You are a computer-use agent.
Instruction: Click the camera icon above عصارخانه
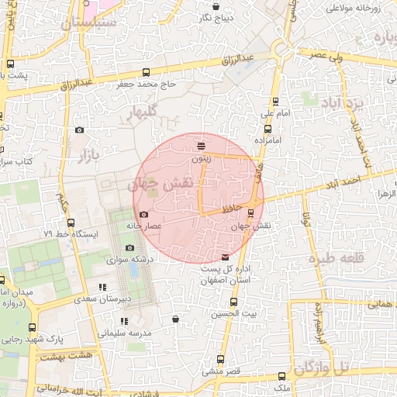point(143,215)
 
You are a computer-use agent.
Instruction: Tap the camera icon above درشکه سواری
point(129,248)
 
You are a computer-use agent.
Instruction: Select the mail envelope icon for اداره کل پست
point(226,257)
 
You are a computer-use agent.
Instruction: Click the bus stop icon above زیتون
point(202,145)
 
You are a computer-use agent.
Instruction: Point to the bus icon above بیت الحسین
point(233,302)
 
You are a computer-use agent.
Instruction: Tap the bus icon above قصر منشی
point(220,359)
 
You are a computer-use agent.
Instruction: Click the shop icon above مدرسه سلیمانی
point(124,320)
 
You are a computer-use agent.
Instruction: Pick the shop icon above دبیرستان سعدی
point(102,287)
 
